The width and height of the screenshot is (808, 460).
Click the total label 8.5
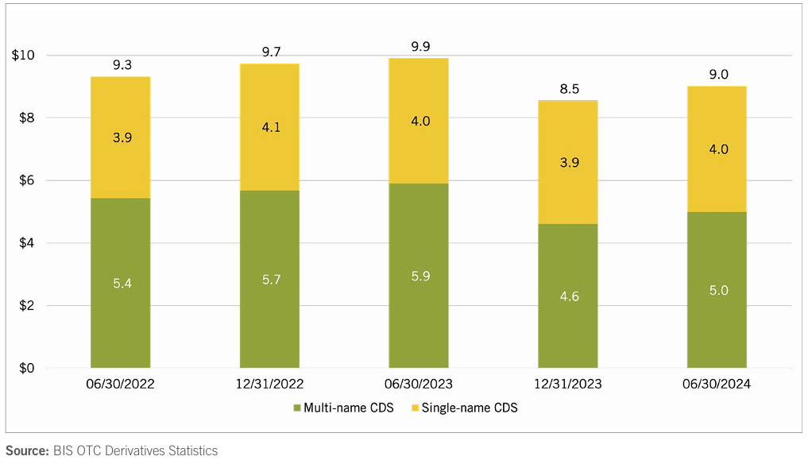click(x=569, y=89)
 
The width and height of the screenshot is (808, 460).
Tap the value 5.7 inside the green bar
click(x=269, y=279)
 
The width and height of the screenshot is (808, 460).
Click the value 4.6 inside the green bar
click(x=567, y=296)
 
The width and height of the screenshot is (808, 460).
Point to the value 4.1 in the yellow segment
click(x=269, y=126)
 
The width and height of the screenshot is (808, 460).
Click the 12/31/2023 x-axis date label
click(x=567, y=385)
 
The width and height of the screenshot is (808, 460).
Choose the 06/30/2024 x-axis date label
click(x=716, y=385)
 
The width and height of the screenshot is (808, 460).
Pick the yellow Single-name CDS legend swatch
click(x=415, y=408)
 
